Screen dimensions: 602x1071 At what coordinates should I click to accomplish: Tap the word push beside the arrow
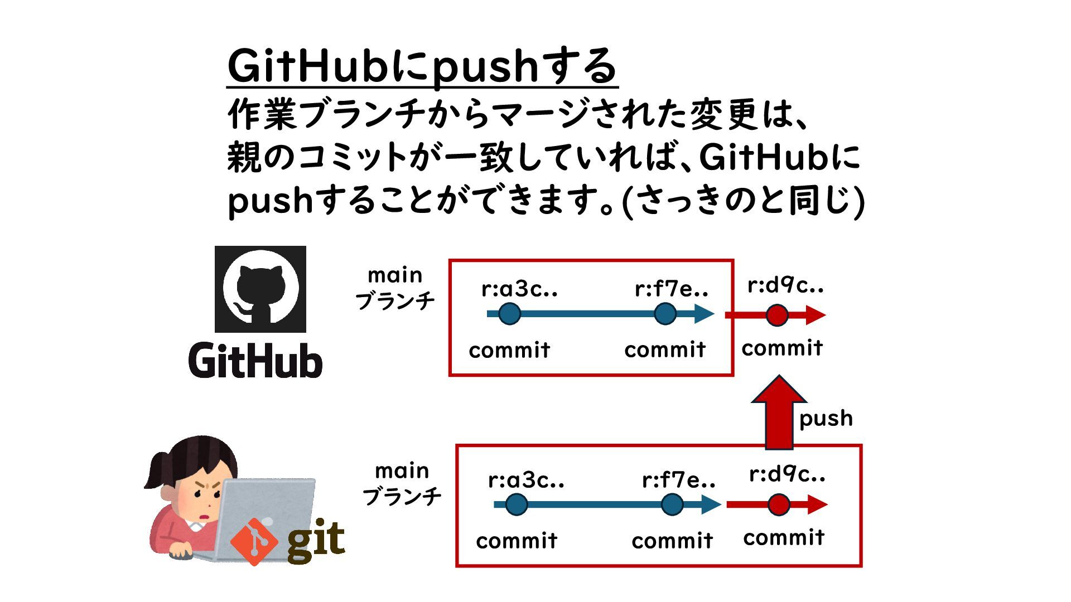826,419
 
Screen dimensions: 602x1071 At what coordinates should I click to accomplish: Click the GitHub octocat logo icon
260,289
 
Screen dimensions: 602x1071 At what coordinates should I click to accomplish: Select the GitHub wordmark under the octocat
255,361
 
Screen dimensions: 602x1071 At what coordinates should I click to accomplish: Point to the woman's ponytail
159,471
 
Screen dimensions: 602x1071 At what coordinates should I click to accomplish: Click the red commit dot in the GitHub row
776,315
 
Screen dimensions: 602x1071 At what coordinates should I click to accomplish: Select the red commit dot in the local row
779,505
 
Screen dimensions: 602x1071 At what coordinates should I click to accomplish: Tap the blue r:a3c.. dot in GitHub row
509,314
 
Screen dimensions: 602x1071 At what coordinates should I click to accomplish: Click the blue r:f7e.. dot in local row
672,505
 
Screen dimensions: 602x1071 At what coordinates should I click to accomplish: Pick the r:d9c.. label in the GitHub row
785,285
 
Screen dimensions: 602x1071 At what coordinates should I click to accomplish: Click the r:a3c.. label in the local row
526,480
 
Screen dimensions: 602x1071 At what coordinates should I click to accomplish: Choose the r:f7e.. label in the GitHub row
671,289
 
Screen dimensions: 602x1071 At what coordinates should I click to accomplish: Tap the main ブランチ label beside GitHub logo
395,288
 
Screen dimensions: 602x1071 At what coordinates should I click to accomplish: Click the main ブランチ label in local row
402,483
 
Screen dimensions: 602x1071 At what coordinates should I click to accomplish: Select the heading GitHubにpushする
422,67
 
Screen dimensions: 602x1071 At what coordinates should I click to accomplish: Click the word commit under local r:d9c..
784,538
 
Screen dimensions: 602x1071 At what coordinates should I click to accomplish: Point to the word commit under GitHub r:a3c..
509,351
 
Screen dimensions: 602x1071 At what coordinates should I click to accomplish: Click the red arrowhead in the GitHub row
816,315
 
